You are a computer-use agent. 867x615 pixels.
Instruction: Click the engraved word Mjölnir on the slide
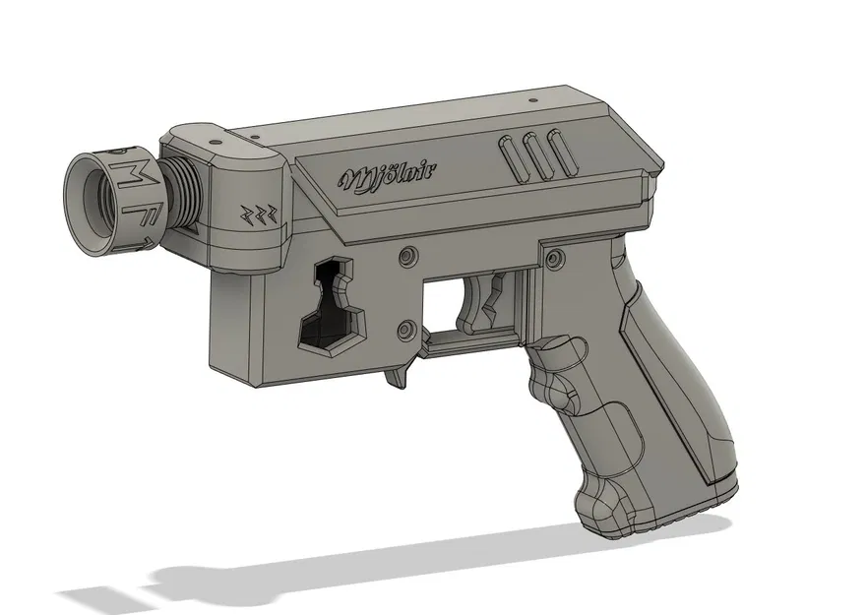(x=389, y=177)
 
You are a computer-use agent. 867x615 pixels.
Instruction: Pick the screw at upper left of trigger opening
(x=405, y=257)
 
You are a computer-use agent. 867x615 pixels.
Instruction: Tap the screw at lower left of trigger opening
(x=404, y=328)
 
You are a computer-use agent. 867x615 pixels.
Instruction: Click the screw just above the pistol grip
(x=557, y=260)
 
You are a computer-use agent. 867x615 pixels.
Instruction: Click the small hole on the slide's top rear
(x=532, y=100)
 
